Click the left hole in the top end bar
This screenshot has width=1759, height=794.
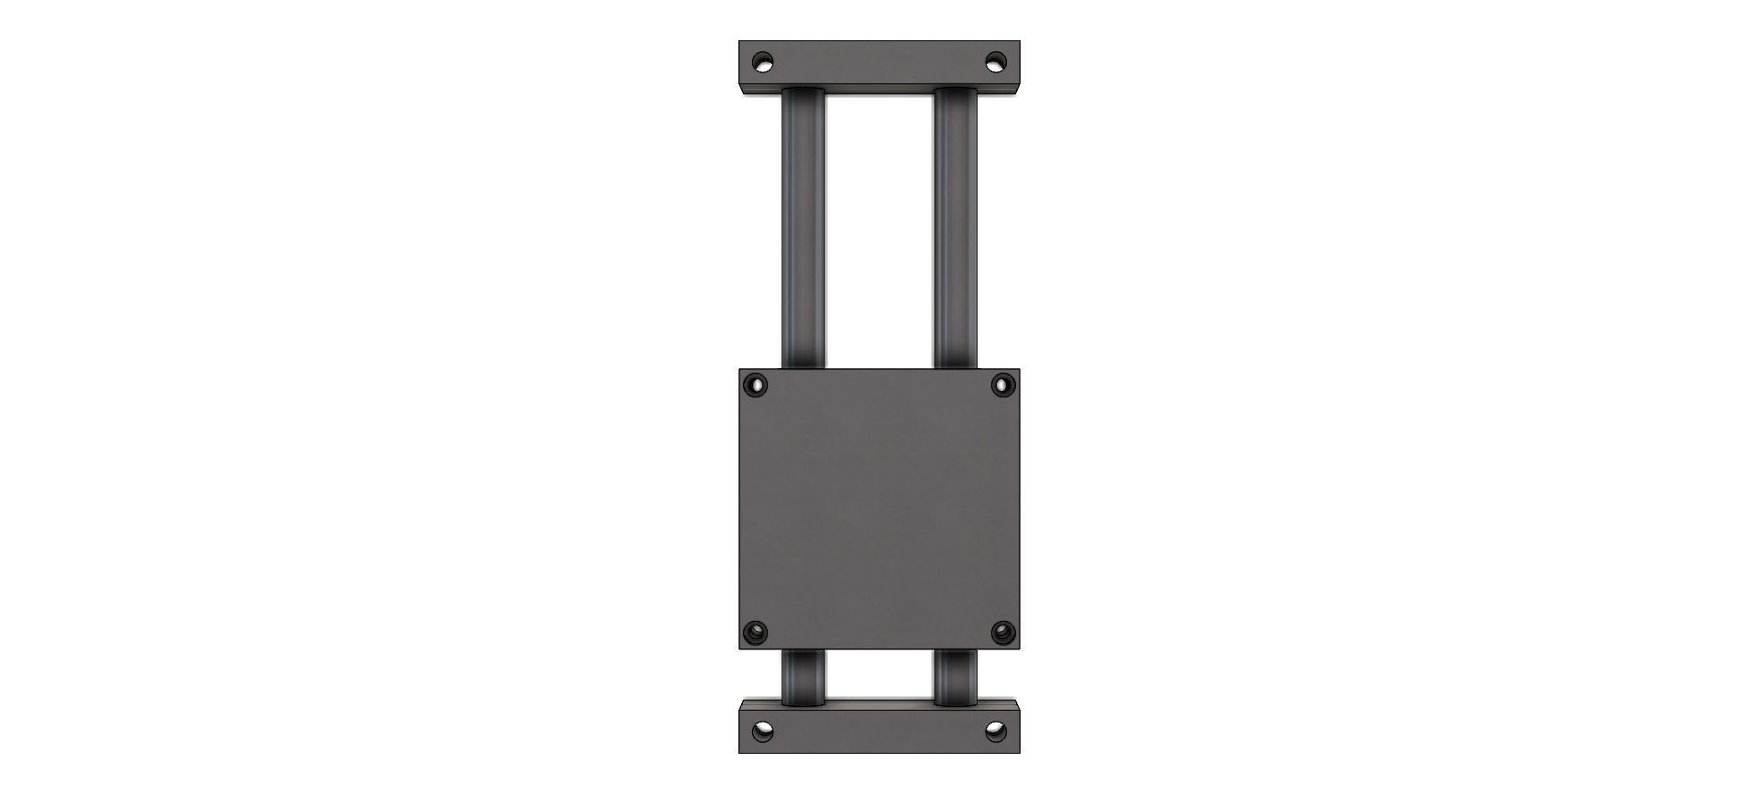click(762, 63)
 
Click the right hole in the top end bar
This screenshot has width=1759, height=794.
click(995, 63)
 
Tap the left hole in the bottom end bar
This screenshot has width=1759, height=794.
click(762, 732)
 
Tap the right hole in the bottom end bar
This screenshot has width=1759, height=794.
click(995, 732)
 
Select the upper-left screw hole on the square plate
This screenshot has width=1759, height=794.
click(756, 385)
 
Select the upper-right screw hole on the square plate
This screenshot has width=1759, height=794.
click(1002, 385)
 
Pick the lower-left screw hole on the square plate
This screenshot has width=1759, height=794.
click(756, 632)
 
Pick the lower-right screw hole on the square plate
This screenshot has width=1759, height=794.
click(1002, 632)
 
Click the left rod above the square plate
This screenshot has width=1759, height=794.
click(803, 229)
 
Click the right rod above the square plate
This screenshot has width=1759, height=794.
click(956, 229)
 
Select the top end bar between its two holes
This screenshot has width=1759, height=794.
click(879, 63)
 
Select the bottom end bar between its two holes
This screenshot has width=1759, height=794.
click(879, 732)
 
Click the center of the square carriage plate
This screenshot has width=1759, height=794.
click(879, 509)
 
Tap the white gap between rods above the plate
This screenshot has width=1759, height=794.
click(879, 229)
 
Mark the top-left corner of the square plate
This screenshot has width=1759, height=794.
click(740, 370)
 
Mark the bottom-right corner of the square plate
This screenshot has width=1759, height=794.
click(1019, 648)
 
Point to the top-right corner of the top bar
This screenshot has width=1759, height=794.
click(1019, 41)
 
